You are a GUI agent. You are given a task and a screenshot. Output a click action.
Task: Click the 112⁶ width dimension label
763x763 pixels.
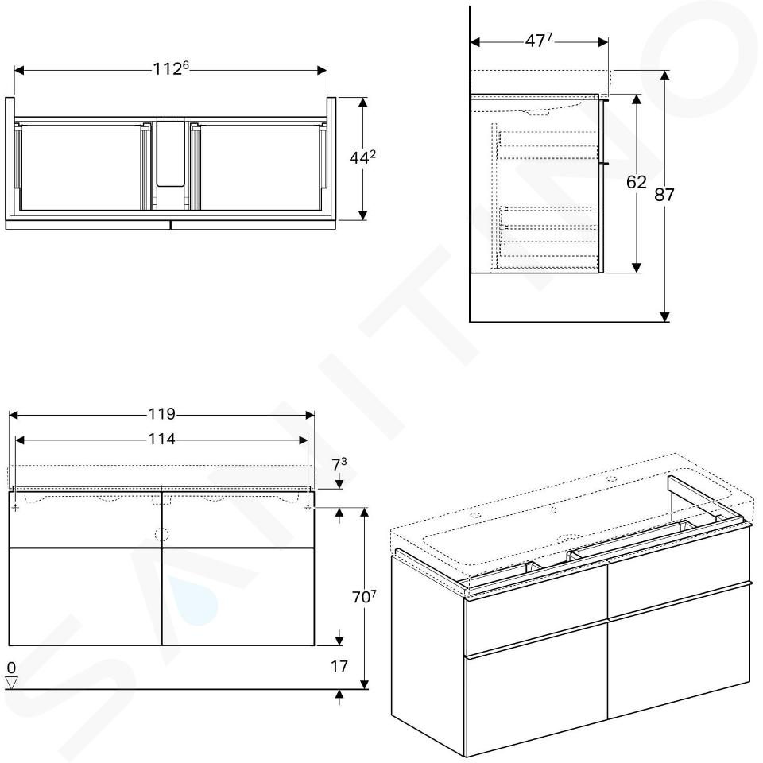coord(170,68)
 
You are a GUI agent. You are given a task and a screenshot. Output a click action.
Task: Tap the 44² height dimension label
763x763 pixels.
coord(362,157)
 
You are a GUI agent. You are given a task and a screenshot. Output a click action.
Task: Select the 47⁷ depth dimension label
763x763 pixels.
coord(538,41)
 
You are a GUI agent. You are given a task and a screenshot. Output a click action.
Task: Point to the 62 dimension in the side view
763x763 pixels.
coord(636,182)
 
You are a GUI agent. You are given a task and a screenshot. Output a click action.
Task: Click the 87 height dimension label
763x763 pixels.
coord(664,195)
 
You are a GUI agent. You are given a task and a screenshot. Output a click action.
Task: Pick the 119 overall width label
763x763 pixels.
coord(161,413)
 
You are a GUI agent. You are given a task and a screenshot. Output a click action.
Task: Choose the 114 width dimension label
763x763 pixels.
coord(161,439)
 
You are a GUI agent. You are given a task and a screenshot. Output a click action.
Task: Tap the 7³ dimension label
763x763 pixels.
coord(339,465)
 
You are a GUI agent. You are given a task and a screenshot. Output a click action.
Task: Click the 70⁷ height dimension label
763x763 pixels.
coord(364,597)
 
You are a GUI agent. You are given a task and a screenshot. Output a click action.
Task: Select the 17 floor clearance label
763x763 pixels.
coord(339,666)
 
